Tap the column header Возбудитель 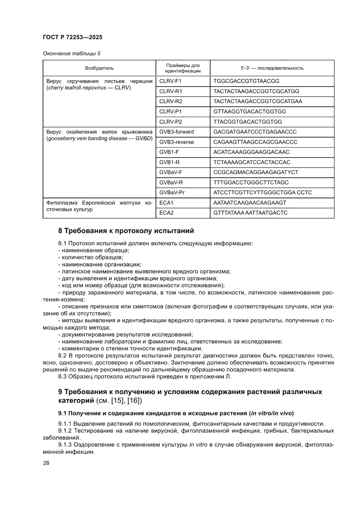click(x=99, y=68)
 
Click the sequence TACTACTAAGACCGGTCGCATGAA click(x=258, y=101)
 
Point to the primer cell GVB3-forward click(x=177, y=131)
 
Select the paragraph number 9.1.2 click(x=66, y=431)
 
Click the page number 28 click(x=46, y=463)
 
